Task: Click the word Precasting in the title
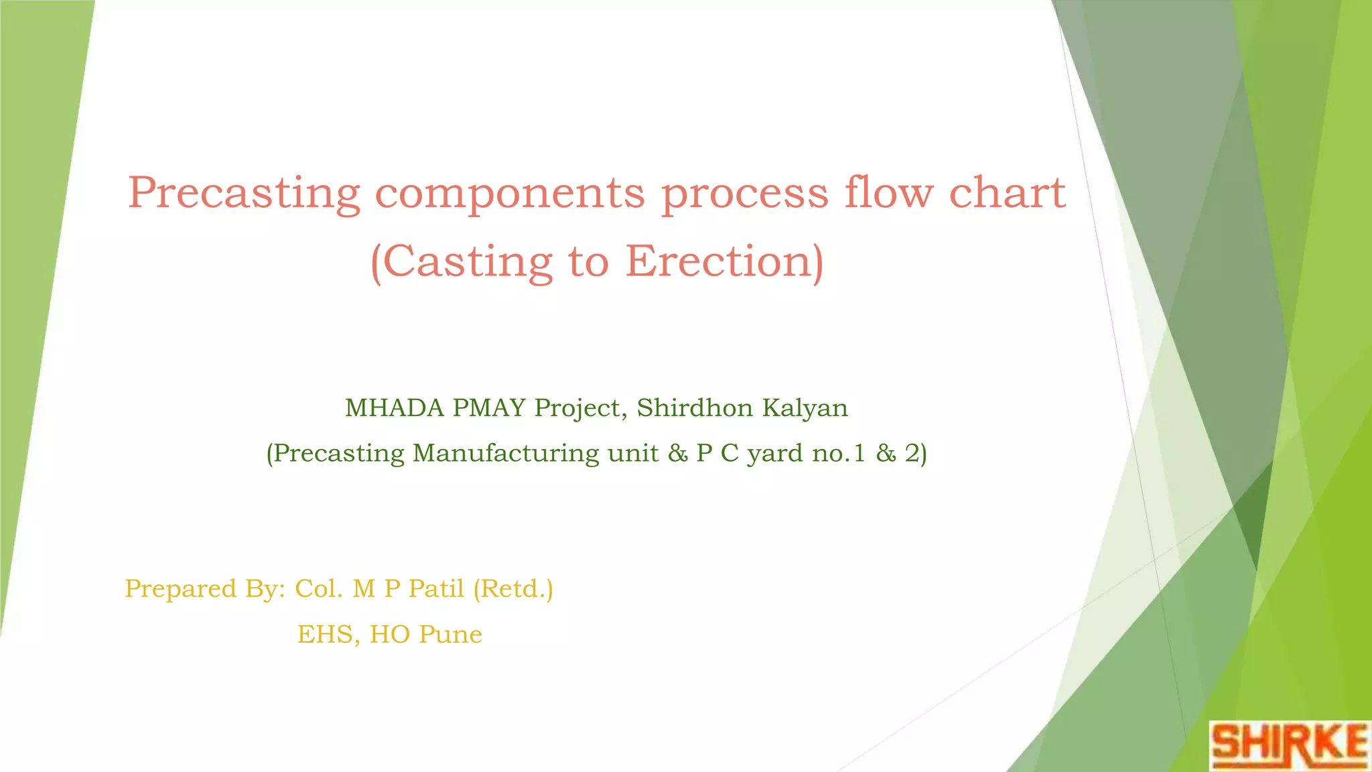coord(244,194)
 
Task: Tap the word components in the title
coord(509,194)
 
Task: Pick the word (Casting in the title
coord(461,263)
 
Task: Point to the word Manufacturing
coord(506,454)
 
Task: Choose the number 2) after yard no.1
coord(916,454)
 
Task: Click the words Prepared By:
coord(205,589)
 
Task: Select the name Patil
coord(436,588)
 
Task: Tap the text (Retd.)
coord(513,589)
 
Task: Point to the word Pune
coord(450,635)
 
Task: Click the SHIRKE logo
coord(1290,745)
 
